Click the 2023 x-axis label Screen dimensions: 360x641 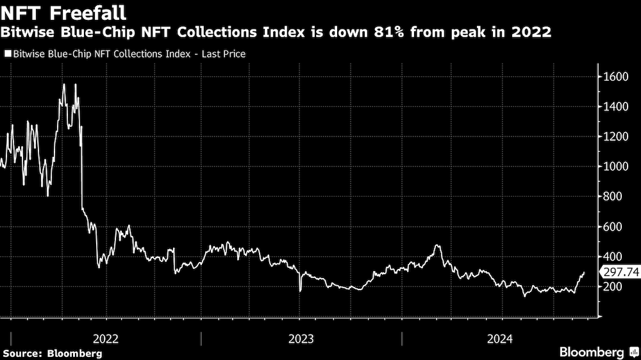click(301, 339)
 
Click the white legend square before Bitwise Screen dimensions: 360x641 click(8, 54)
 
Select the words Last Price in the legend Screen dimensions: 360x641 click(224, 54)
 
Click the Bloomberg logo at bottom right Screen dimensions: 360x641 click(597, 352)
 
